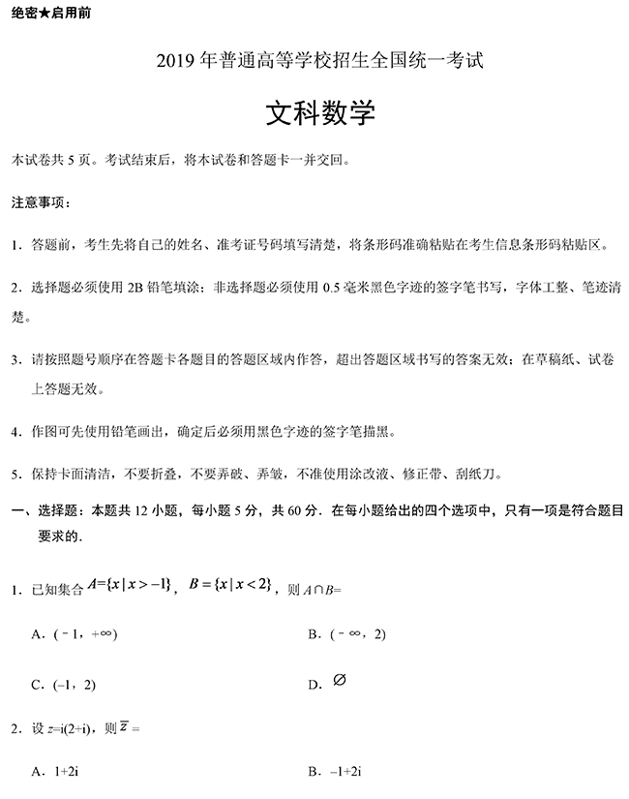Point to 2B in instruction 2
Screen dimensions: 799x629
tap(135, 287)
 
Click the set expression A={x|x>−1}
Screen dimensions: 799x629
tap(129, 584)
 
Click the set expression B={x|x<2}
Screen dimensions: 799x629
tap(229, 584)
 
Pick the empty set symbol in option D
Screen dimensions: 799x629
tap(339, 681)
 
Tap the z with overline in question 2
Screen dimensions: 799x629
tap(125, 726)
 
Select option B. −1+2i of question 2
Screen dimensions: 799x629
tap(334, 771)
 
